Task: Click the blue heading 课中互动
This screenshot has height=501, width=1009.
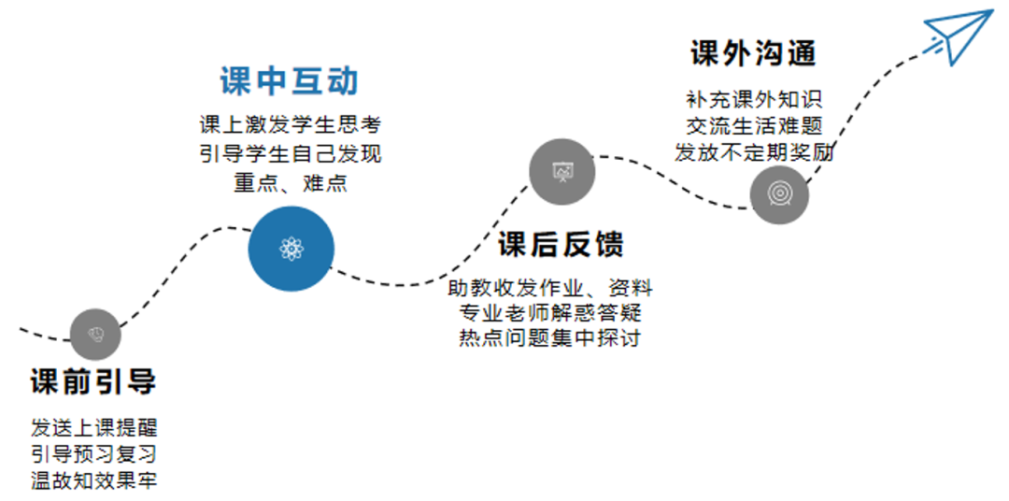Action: [290, 80]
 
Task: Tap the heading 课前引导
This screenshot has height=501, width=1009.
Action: [93, 381]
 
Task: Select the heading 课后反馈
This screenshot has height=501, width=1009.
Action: [561, 244]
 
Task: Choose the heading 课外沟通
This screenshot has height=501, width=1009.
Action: [753, 52]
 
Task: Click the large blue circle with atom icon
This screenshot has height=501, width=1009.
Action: [291, 249]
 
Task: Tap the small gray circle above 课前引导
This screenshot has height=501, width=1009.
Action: [95, 333]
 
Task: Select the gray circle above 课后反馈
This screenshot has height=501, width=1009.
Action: [562, 171]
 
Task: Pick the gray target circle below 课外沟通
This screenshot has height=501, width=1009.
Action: [779, 193]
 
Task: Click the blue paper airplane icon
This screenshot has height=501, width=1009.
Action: [958, 36]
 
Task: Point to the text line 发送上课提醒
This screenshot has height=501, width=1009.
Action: [93, 428]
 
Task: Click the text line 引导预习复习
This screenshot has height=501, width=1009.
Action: [93, 455]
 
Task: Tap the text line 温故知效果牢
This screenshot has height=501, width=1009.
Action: [93, 481]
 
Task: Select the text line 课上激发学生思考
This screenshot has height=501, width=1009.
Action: [290, 124]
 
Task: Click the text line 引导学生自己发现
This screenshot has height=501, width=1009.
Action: [290, 153]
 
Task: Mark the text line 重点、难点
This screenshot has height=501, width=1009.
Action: [290, 182]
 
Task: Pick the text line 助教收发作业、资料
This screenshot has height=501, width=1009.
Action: [550, 287]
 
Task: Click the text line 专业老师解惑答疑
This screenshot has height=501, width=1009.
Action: [550, 312]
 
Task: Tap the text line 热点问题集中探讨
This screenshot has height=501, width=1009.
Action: [550, 338]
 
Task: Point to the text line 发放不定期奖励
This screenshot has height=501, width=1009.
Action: [754, 152]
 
